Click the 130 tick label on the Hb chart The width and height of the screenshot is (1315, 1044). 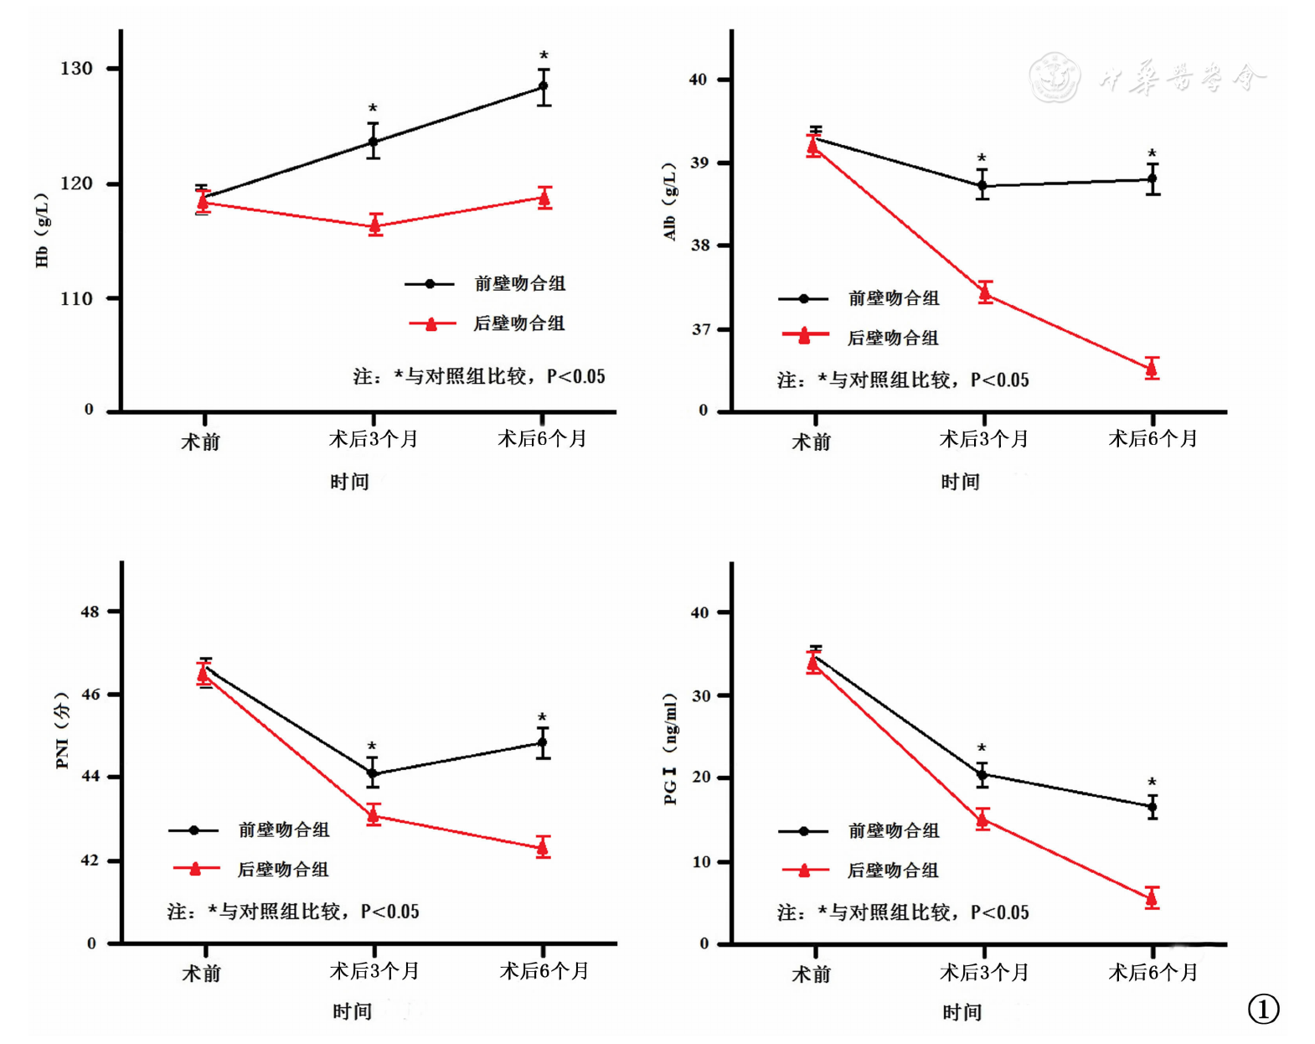point(76,68)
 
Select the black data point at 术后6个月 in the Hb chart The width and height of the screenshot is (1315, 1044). point(544,86)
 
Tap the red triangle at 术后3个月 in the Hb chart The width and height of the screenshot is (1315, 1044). point(375,225)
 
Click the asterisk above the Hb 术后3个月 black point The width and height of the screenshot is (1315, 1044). point(373,109)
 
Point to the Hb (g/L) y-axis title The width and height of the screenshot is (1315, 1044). point(42,230)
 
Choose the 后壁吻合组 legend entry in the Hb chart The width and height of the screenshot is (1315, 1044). point(519,323)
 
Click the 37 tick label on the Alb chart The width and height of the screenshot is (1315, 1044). point(700,329)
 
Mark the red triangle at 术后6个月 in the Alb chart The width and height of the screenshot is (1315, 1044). point(1153,369)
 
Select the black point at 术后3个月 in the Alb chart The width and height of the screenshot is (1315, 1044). point(982,185)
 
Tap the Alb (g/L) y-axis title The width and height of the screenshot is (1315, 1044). point(670,202)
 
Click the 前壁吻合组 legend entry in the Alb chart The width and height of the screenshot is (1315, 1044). point(893,298)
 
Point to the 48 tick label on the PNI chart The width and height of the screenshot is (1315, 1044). point(90,612)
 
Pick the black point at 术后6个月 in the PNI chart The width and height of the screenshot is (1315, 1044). point(543,742)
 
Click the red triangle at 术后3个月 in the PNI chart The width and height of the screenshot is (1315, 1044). point(374,815)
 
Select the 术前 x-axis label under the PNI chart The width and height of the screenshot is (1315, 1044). point(202,974)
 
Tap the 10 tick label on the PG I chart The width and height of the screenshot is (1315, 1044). point(699,861)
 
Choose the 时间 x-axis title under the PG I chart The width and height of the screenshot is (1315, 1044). point(962,1012)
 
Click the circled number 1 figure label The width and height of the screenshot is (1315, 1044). point(1263,1009)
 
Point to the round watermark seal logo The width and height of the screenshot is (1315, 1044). point(1054,77)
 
